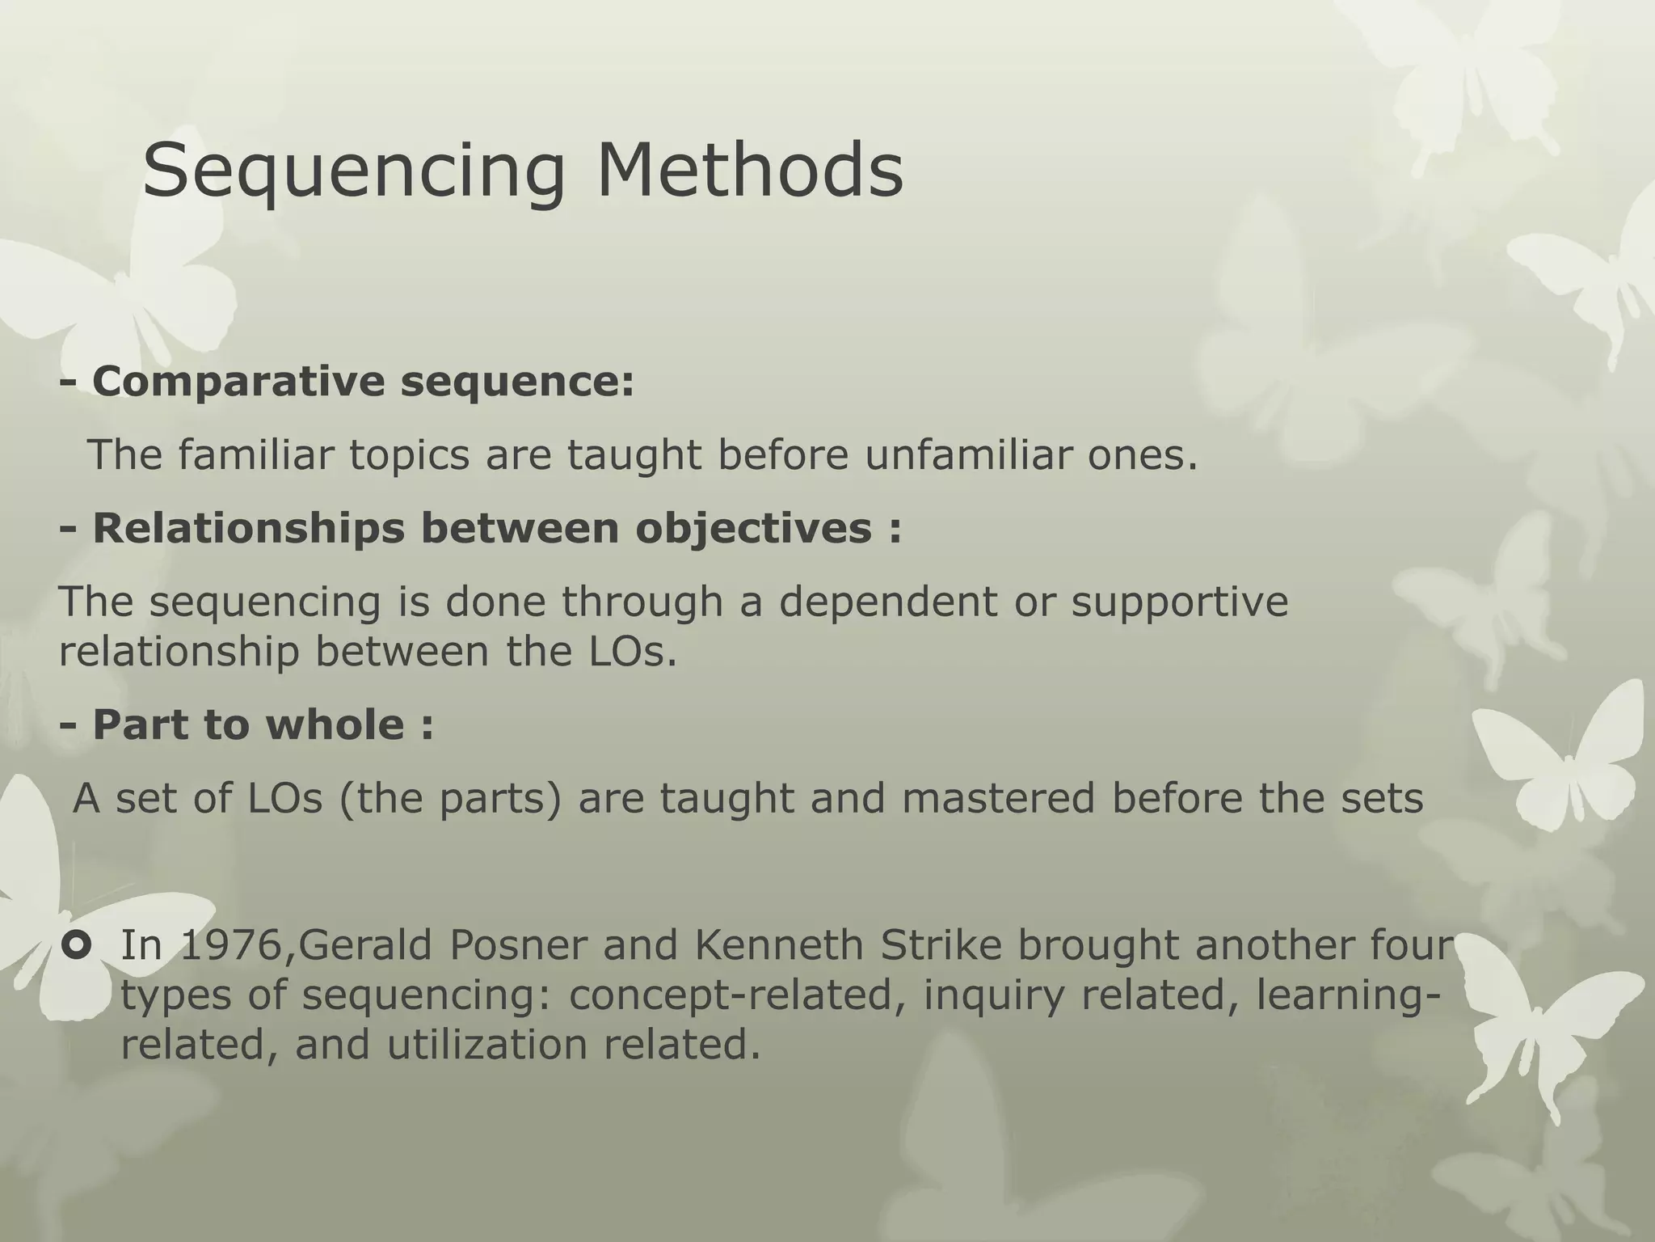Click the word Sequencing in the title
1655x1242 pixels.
pyautogui.click(x=354, y=172)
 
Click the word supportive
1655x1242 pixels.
pyautogui.click(x=1180, y=602)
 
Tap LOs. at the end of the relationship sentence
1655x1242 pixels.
pyautogui.click(x=626, y=652)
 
